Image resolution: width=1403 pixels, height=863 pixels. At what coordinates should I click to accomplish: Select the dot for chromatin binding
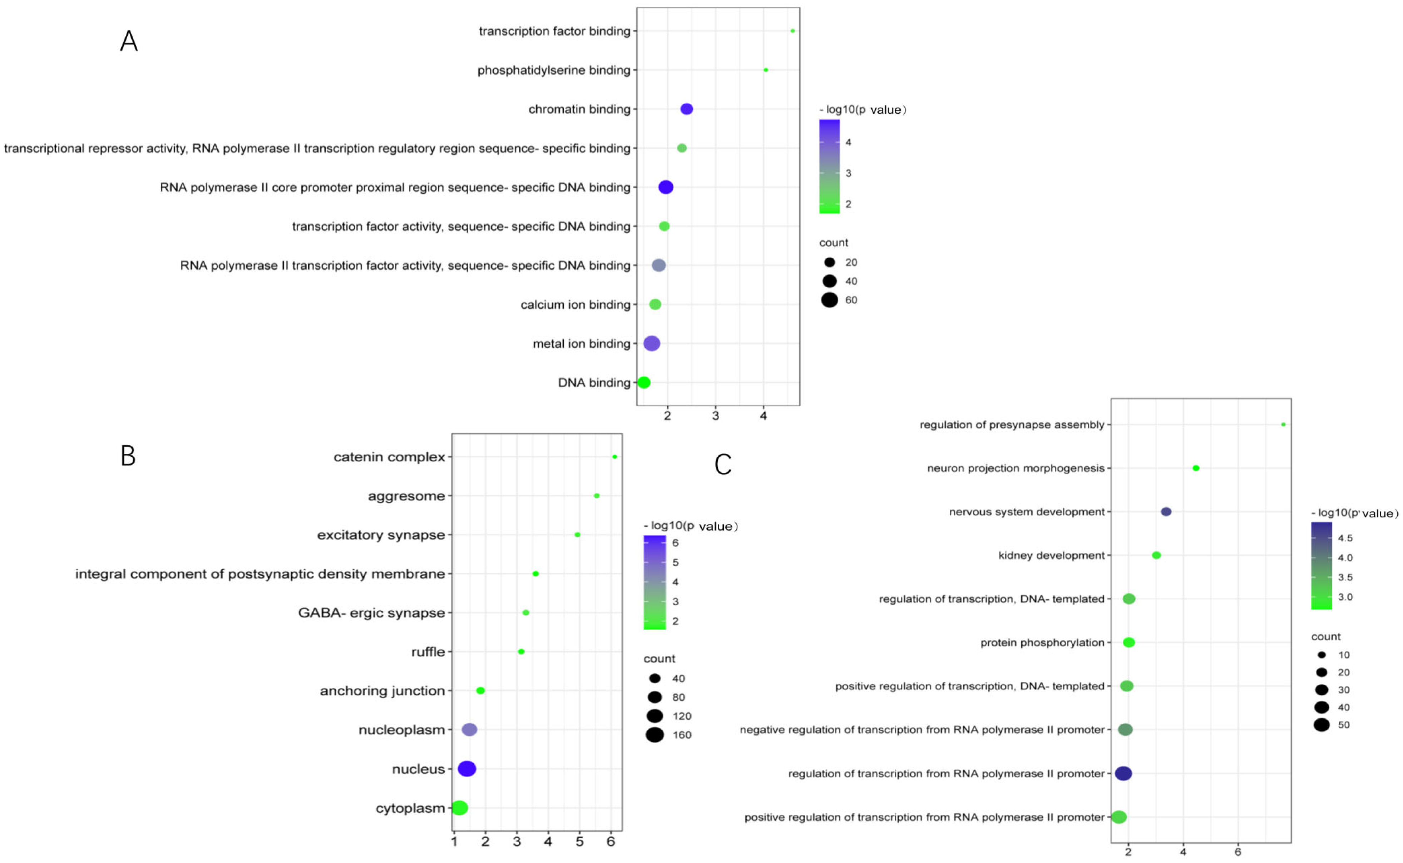687,109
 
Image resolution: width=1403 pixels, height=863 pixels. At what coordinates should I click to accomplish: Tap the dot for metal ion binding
652,344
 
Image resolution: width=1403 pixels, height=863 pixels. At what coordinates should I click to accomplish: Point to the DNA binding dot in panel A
644,382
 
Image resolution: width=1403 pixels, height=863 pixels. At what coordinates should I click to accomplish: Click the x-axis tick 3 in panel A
715,416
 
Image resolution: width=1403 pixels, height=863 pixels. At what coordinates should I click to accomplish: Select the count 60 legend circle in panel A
829,300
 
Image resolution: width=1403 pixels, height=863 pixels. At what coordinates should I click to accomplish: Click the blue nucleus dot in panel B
467,769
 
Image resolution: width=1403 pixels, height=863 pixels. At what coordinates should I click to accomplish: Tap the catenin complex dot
615,457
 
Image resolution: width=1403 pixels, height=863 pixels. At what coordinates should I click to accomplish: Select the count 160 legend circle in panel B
655,735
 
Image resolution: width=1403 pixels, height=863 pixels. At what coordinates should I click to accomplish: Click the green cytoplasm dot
459,808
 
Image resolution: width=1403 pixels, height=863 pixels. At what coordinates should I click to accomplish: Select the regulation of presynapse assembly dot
1283,425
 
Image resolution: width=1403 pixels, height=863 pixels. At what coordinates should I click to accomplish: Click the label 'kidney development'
1051,555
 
